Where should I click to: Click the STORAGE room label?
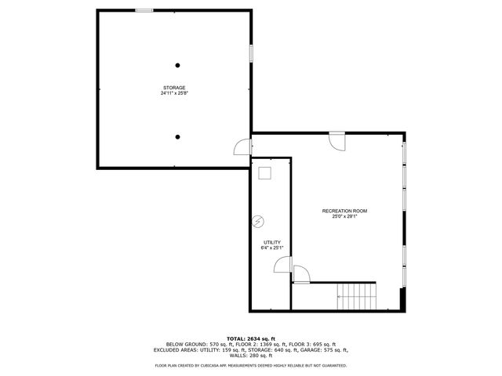click(x=174, y=87)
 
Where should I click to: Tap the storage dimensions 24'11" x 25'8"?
click(x=174, y=93)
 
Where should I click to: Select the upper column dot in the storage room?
click(x=178, y=65)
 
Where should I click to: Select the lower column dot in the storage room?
click(x=178, y=137)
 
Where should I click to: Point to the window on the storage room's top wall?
click(x=144, y=10)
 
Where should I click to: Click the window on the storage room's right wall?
click(x=251, y=52)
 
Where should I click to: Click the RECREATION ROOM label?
click(x=344, y=211)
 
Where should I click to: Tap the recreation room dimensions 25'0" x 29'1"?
click(x=344, y=217)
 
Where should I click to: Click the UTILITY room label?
click(x=272, y=243)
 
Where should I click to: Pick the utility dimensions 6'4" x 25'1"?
click(x=272, y=248)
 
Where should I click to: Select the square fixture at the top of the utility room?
click(x=264, y=173)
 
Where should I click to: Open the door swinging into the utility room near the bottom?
click(x=282, y=269)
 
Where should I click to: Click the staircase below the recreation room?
click(x=357, y=296)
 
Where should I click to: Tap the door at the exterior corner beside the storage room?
click(x=242, y=146)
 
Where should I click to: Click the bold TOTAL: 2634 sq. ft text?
click(x=250, y=338)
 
